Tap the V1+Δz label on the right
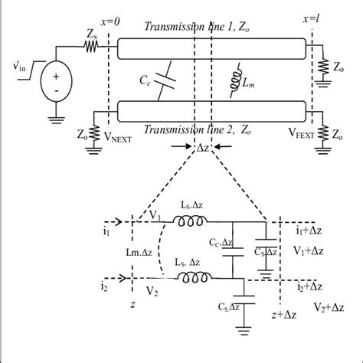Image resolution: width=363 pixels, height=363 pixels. [x=311, y=250]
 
